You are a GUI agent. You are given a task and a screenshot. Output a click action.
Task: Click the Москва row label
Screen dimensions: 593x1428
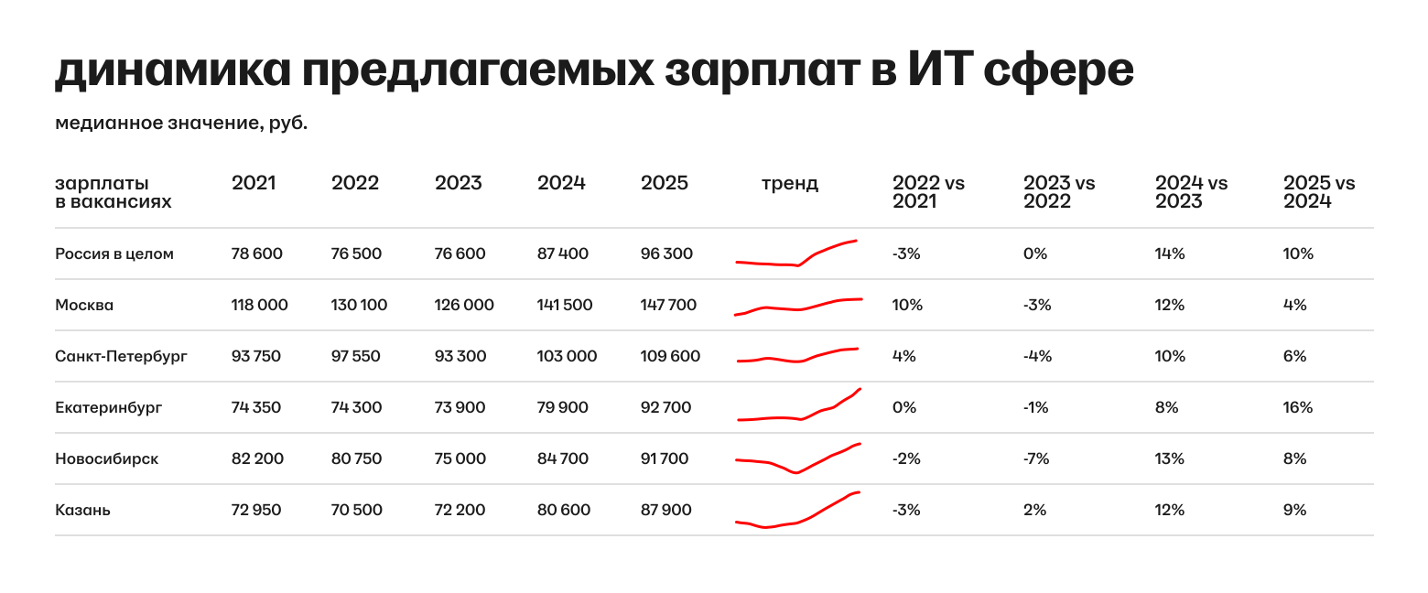pyautogui.click(x=84, y=305)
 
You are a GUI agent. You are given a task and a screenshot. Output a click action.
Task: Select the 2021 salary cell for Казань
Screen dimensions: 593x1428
pyautogui.click(x=256, y=510)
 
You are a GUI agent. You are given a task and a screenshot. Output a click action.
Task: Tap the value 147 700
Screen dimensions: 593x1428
pyautogui.click(x=668, y=305)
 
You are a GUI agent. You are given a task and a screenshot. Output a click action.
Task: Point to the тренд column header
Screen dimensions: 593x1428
pyautogui.click(x=790, y=183)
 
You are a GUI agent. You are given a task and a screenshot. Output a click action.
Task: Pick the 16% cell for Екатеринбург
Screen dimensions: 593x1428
pyautogui.click(x=1298, y=407)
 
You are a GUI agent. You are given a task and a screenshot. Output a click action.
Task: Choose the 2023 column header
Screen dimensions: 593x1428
pyautogui.click(x=458, y=183)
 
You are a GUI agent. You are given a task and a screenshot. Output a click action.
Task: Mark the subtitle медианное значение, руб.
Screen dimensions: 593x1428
pyautogui.click(x=181, y=123)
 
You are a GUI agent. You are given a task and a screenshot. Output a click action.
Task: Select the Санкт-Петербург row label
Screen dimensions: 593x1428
pyautogui.click(x=121, y=356)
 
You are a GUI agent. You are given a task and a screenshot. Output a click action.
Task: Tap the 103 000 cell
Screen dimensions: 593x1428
pyautogui.click(x=567, y=356)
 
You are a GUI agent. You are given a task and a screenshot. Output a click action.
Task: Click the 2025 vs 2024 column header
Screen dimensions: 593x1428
pyautogui.click(x=1319, y=192)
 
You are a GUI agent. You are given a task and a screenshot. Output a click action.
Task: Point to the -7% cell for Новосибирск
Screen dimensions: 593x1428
pyautogui.click(x=1037, y=458)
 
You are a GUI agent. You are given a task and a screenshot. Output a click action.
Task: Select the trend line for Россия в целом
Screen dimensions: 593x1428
pyautogui.click(x=796, y=254)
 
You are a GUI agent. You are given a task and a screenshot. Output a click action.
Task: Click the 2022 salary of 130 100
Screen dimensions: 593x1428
pyautogui.click(x=359, y=305)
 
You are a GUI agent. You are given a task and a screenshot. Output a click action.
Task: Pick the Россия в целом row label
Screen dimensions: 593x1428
pyautogui.click(x=114, y=253)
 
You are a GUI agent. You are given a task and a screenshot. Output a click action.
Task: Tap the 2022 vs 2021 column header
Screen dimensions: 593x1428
pyautogui.click(x=928, y=192)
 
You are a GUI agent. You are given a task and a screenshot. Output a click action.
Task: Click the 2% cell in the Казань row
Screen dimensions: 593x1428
pyautogui.click(x=1034, y=510)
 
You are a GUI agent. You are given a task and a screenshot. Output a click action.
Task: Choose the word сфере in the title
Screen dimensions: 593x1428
pyautogui.click(x=1059, y=70)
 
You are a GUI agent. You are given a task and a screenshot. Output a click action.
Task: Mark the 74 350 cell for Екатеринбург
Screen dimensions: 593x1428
pyautogui.click(x=256, y=407)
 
